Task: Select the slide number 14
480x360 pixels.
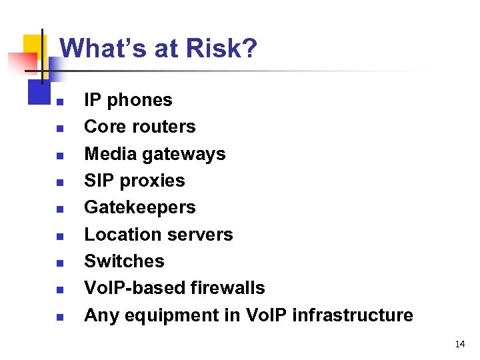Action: pyautogui.click(x=459, y=344)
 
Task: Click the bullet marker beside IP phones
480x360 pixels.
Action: pyautogui.click(x=59, y=102)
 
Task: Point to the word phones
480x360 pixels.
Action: pyautogui.click(x=139, y=100)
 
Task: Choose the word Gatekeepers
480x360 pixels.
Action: pyautogui.click(x=139, y=207)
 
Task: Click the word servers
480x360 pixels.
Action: pyautogui.click(x=201, y=235)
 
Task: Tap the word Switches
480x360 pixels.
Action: pyautogui.click(x=124, y=261)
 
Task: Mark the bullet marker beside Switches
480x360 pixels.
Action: pyautogui.click(x=59, y=263)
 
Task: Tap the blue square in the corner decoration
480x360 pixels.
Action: pyautogui.click(x=39, y=91)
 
